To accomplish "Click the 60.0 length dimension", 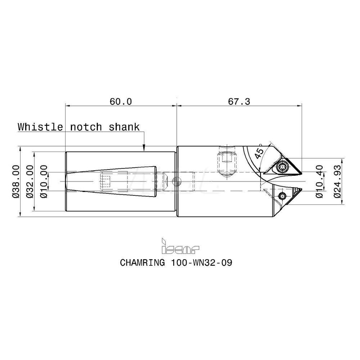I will click(x=121, y=102).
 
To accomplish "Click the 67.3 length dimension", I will click(x=239, y=102).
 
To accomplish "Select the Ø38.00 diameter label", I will click(x=15, y=181).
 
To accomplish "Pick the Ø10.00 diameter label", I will click(x=43, y=181).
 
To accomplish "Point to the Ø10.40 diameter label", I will click(x=319, y=181).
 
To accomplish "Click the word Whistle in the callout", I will click(x=40, y=127).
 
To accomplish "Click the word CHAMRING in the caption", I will click(x=141, y=262).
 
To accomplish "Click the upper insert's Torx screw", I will click(x=282, y=166).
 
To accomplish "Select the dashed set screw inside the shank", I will click(x=105, y=181).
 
